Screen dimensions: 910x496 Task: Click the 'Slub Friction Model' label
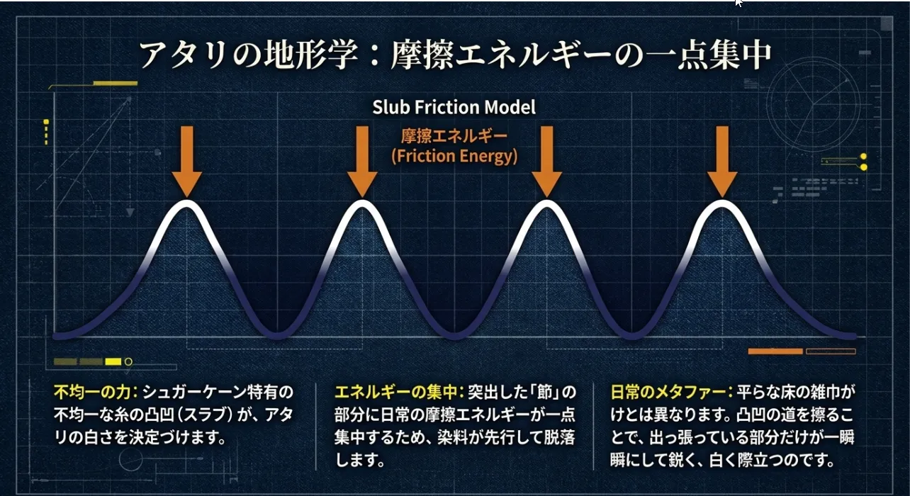click(454, 107)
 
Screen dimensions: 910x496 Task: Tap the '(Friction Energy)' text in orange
click(454, 156)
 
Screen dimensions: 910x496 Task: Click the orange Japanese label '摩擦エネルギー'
click(454, 136)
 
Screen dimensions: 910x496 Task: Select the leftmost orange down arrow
click(186, 162)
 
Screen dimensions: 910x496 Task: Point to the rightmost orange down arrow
click(722, 162)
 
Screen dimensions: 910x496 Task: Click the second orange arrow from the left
click(362, 162)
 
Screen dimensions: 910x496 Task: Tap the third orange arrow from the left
click(546, 162)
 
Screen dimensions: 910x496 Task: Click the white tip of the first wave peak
click(186, 203)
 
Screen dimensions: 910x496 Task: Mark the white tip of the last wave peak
click(722, 203)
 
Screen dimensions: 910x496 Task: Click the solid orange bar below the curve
click(775, 351)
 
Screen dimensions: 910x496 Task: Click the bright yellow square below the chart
click(113, 361)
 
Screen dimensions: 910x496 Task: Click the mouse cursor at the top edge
click(738, 3)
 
